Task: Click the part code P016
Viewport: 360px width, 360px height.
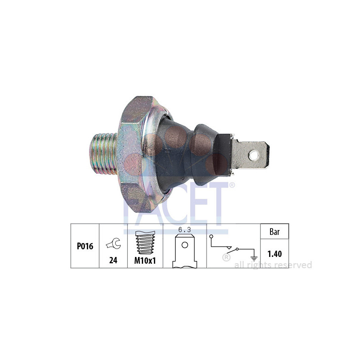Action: click(x=85, y=246)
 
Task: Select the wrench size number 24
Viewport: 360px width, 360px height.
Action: click(x=113, y=260)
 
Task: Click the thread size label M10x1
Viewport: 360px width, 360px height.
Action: click(x=145, y=261)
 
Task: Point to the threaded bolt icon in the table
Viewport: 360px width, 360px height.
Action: click(x=145, y=243)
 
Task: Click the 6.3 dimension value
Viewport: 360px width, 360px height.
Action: click(x=184, y=229)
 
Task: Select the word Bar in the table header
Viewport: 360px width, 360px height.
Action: click(x=274, y=232)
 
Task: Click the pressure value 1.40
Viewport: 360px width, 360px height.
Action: click(x=274, y=254)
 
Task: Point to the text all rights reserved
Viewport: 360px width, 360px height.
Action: click(x=273, y=265)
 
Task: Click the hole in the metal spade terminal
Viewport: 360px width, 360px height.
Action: click(x=254, y=155)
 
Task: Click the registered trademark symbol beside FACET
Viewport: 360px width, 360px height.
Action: click(x=232, y=185)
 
